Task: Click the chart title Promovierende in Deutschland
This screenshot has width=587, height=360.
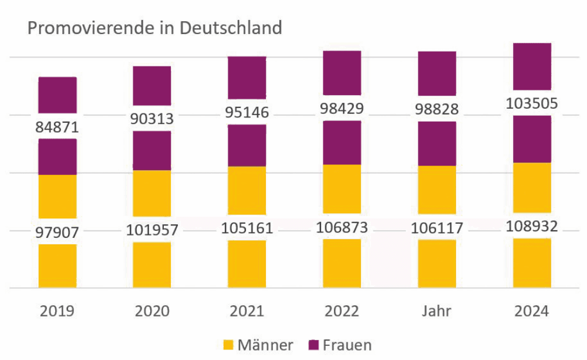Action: [155, 28]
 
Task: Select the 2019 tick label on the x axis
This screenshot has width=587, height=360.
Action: [57, 311]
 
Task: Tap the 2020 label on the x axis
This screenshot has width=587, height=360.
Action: [151, 311]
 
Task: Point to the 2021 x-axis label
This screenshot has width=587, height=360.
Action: [247, 311]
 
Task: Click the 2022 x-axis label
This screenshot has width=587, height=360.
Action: [342, 311]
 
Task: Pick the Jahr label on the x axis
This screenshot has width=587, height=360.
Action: [437, 311]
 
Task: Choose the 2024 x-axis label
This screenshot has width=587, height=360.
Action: [532, 311]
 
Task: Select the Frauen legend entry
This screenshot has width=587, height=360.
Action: [348, 345]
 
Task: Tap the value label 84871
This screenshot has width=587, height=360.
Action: [57, 126]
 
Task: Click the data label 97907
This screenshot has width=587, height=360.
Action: [57, 232]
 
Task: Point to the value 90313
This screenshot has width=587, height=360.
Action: [151, 119]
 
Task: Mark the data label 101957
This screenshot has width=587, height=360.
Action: [151, 230]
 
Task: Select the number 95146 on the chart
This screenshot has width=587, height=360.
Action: [247, 112]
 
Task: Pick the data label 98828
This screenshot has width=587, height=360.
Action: [437, 109]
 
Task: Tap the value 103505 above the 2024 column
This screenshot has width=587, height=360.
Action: [532, 105]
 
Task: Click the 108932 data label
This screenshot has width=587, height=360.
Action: [532, 226]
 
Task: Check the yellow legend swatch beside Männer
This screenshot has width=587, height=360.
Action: [229, 345]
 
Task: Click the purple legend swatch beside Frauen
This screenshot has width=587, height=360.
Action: [313, 345]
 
